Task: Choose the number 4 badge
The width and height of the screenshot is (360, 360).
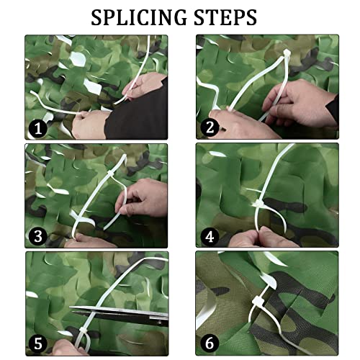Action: point(210,237)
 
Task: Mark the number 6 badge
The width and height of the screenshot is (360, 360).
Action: point(210,344)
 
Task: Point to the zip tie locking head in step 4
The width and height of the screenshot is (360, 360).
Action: point(257,204)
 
